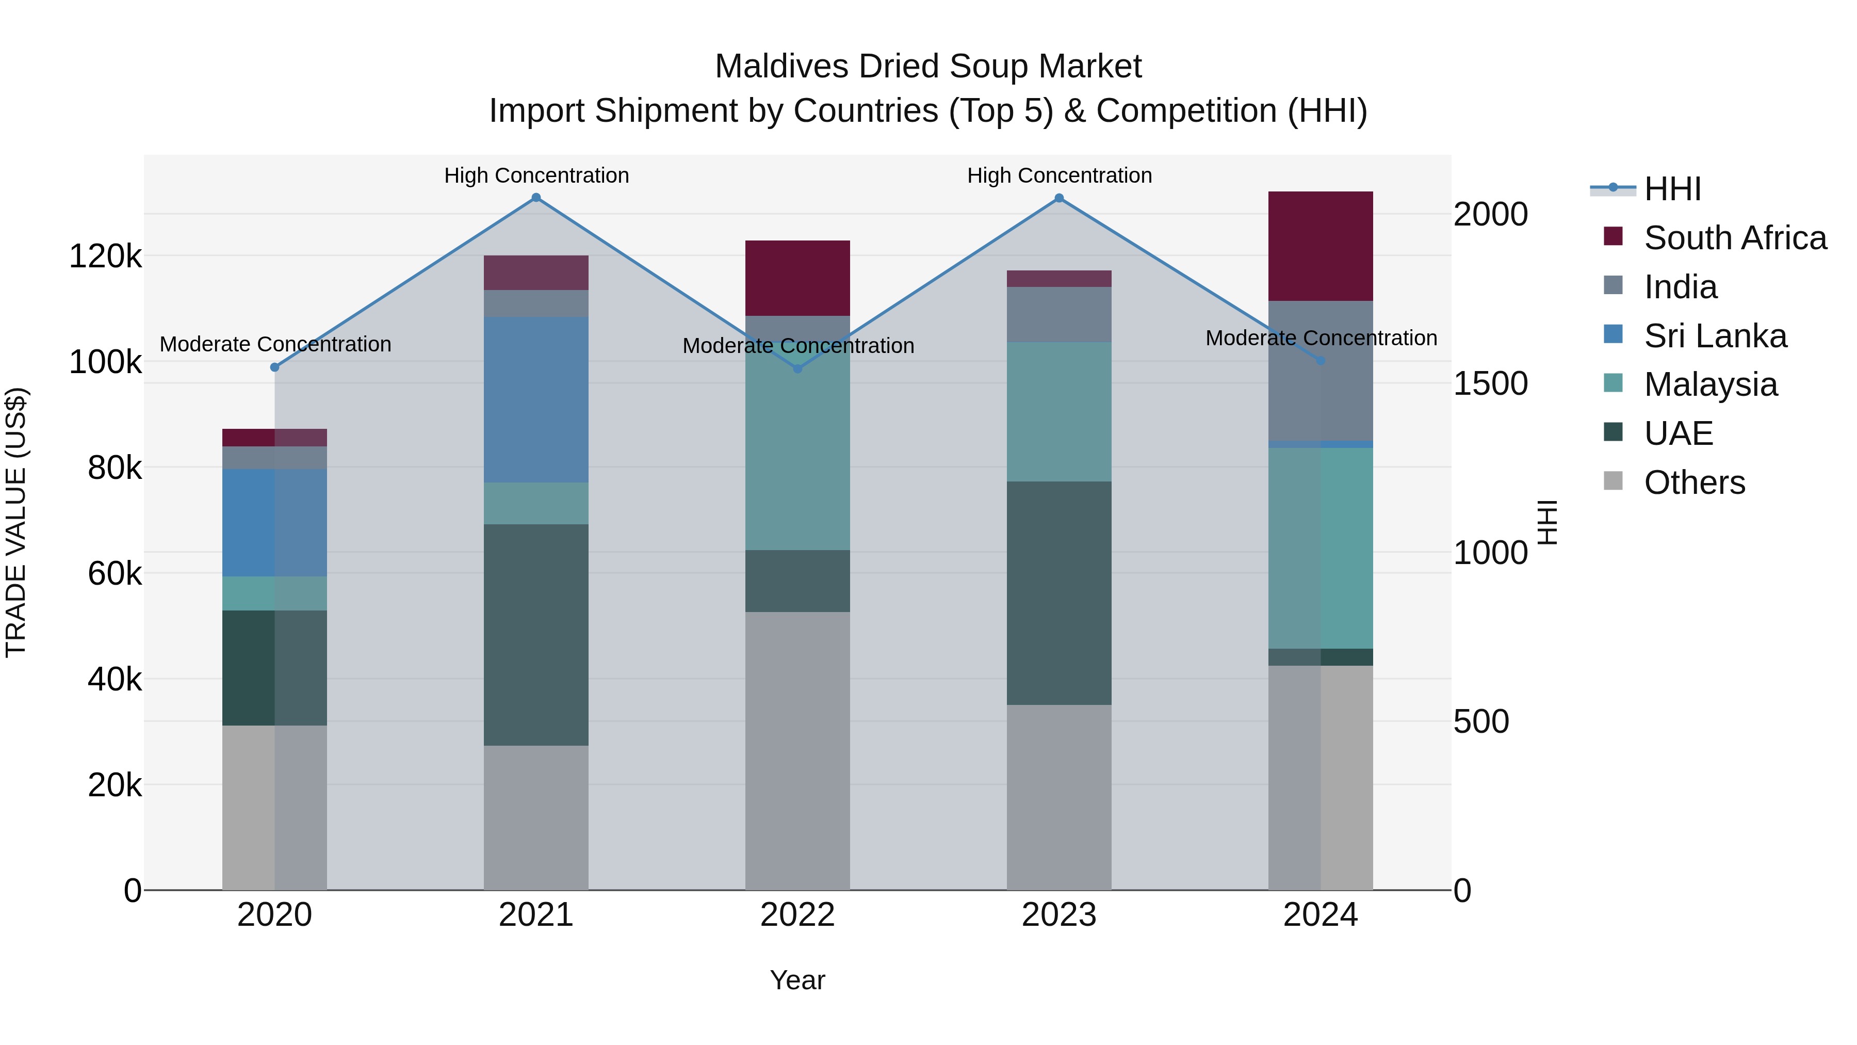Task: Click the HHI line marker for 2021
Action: click(x=535, y=198)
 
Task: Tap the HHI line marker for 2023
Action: click(x=1059, y=198)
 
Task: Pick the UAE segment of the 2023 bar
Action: click(x=1059, y=593)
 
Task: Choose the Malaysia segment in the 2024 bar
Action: click(x=1320, y=548)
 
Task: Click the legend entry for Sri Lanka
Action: click(x=1715, y=336)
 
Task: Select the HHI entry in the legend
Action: click(x=1672, y=189)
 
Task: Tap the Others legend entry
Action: click(x=1694, y=483)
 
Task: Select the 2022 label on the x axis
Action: click(x=797, y=915)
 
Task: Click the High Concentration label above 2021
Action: click(x=536, y=175)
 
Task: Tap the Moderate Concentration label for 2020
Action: click(x=275, y=344)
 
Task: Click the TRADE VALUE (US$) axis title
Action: click(x=16, y=522)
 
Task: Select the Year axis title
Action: click(x=797, y=980)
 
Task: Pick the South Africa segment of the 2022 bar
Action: click(x=797, y=278)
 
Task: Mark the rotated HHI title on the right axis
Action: click(x=1547, y=522)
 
